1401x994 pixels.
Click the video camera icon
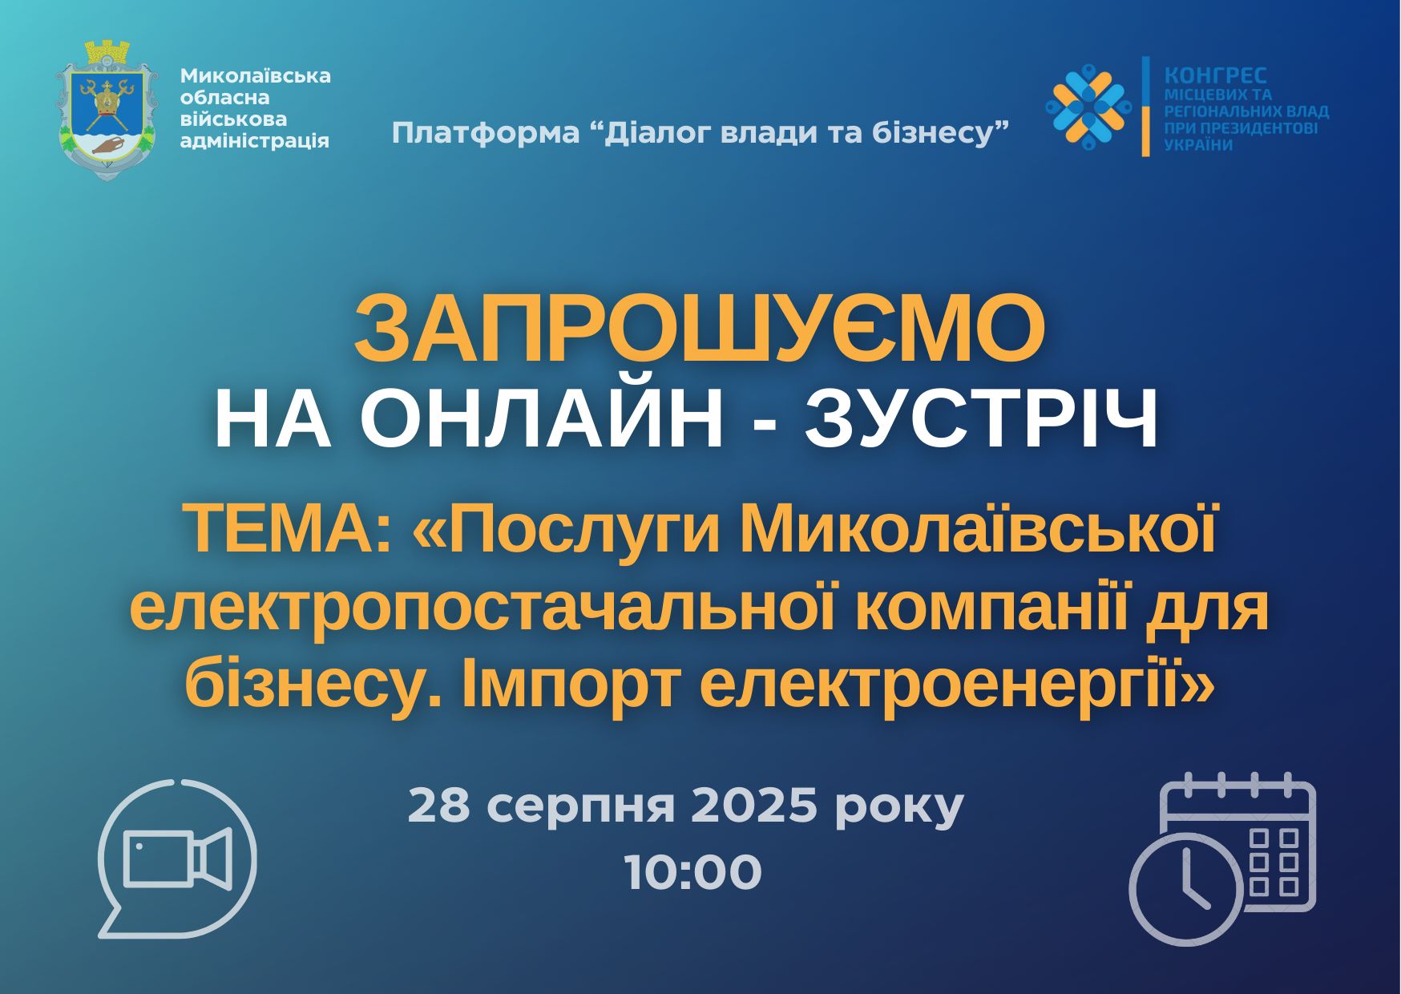(179, 858)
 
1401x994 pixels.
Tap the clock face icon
(1187, 888)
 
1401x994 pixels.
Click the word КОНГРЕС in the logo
(1216, 75)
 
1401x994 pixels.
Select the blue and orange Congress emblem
(1088, 106)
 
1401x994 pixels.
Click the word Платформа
(485, 133)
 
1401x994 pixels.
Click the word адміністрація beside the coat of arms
(254, 141)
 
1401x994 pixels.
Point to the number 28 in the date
(438, 806)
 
